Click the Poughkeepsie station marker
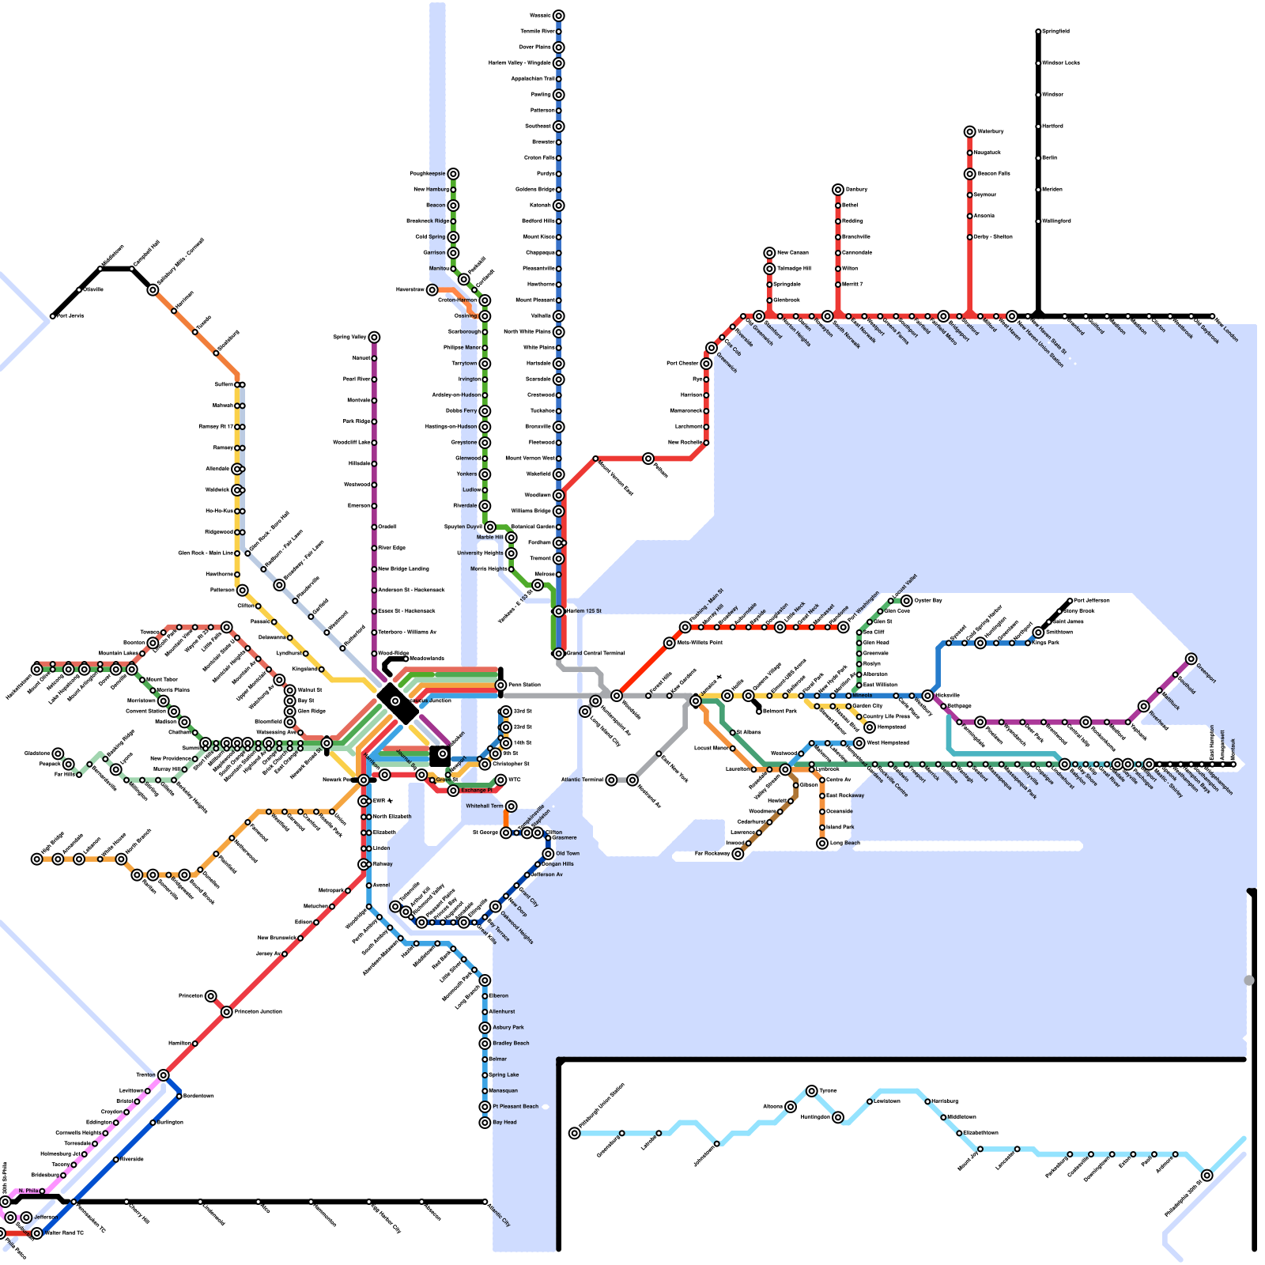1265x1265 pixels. point(453,174)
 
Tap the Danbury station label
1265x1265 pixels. point(857,189)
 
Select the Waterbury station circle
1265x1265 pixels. point(969,131)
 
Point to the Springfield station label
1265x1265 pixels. point(1056,32)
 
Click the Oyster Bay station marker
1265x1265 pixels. point(907,601)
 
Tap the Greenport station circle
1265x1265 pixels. point(1191,659)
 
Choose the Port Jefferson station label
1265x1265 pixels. point(1092,601)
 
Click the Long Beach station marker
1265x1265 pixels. point(822,844)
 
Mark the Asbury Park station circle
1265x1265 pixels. point(485,1028)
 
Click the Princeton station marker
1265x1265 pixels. point(210,996)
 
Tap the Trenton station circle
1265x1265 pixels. point(163,1075)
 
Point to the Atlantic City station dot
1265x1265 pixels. point(485,1202)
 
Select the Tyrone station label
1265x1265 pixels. point(828,1091)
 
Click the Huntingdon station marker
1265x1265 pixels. point(838,1117)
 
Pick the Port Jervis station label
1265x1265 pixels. point(70,316)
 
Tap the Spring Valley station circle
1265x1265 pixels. point(374,338)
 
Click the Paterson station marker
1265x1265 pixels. point(242,590)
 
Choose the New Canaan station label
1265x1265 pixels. point(793,253)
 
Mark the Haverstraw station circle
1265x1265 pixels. point(432,290)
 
